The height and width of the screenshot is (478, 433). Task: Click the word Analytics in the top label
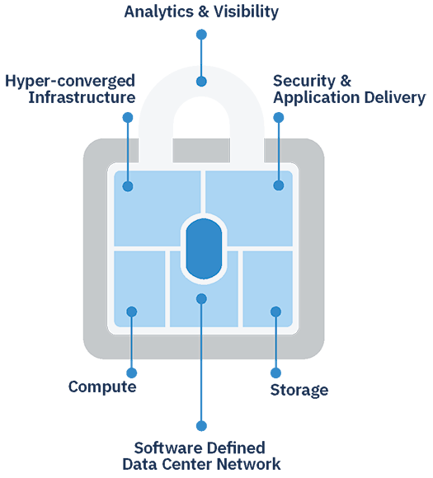159,12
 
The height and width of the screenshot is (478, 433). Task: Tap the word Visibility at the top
246,12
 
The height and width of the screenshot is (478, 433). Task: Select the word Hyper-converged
70,82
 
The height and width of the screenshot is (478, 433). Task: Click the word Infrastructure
82,97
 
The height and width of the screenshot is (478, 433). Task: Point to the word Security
304,82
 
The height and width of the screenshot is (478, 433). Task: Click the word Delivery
395,98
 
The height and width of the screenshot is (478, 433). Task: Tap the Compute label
102,387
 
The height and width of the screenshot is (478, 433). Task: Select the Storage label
299,390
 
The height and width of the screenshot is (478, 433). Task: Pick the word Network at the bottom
248,464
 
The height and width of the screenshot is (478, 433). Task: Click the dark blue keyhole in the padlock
204,248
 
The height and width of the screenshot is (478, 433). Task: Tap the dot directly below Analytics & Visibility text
201,35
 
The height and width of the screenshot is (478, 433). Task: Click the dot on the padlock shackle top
201,82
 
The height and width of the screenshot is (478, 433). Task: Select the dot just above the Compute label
132,373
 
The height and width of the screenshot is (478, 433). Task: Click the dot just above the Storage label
275,373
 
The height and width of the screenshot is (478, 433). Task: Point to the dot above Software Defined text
201,426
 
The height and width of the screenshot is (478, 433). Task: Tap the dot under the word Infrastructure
128,117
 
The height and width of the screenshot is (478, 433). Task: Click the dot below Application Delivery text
279,117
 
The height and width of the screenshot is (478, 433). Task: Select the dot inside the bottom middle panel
201,298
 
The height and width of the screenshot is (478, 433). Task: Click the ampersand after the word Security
346,81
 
